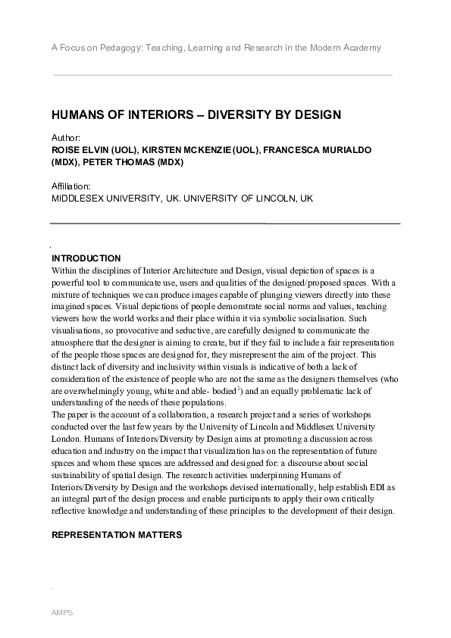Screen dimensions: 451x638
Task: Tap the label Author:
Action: (x=67, y=139)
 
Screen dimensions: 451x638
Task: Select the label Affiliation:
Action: (x=71, y=186)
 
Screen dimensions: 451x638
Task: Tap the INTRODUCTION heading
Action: (x=86, y=258)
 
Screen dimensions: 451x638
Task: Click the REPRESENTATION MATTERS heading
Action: (x=117, y=535)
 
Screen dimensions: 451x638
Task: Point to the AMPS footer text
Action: (x=61, y=610)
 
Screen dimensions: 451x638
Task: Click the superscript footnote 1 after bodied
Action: (x=240, y=387)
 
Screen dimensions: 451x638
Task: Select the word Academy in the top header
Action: (x=361, y=48)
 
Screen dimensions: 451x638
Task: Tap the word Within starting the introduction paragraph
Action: (x=64, y=271)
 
